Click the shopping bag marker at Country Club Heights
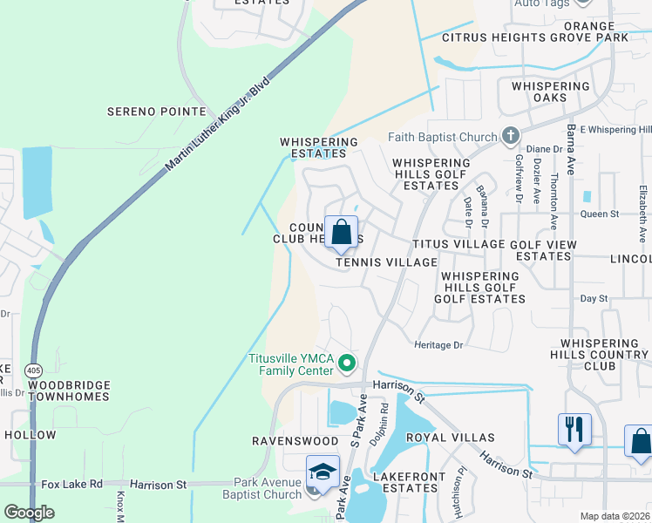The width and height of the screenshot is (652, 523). [x=342, y=233]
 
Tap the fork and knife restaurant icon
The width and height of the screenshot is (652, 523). [x=574, y=430]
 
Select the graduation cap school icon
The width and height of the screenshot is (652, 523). [x=322, y=472]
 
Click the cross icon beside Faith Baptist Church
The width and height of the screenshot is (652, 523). [x=510, y=136]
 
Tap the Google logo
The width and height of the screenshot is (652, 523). [x=29, y=513]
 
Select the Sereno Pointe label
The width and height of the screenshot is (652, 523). [x=156, y=112]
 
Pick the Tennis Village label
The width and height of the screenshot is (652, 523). [x=386, y=262]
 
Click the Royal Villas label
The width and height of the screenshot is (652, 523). [x=456, y=438]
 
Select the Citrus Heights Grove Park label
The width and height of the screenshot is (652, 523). [x=534, y=37]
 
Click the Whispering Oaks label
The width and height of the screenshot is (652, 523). [x=551, y=92]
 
